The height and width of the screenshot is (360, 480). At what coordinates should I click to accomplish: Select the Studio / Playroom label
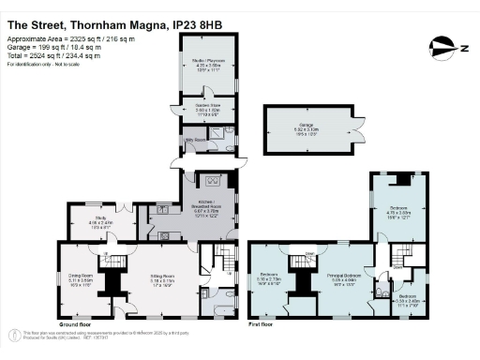[x=207, y=62]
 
